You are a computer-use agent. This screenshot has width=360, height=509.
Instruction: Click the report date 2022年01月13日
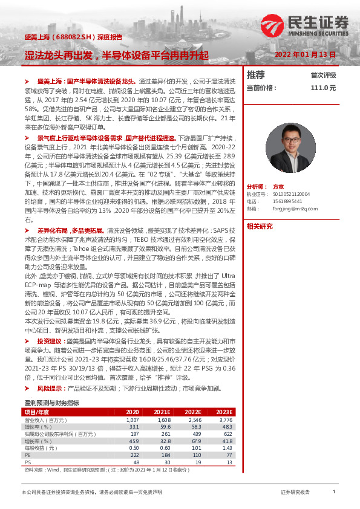304,54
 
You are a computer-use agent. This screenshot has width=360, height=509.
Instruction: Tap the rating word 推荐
256,75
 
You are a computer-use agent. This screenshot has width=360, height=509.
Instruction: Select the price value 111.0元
322,88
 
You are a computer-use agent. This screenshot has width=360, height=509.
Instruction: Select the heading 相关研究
260,227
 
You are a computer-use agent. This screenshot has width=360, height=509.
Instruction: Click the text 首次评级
323,76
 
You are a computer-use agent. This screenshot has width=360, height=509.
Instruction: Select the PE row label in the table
28,455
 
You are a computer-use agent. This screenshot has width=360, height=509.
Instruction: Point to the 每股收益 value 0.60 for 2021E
164,447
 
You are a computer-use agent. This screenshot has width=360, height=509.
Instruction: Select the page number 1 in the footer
334,492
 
